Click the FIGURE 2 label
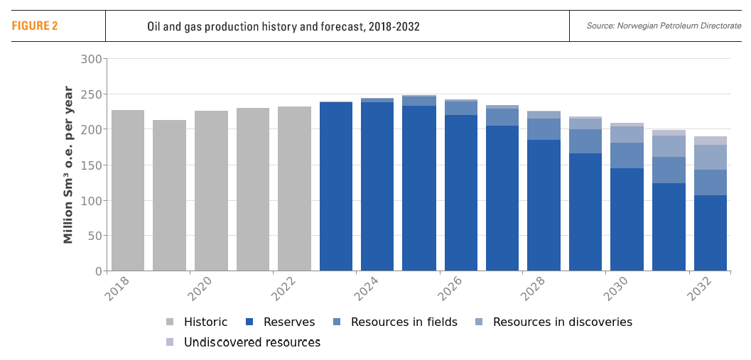click(x=35, y=26)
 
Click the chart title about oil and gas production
click(x=283, y=27)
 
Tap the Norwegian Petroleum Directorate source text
click(x=664, y=26)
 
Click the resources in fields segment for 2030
click(x=627, y=156)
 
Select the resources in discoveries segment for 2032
click(x=711, y=157)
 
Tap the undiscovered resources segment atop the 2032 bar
click(x=711, y=141)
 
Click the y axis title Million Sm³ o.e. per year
click(x=69, y=165)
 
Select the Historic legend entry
click(x=205, y=322)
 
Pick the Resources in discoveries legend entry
click(x=562, y=322)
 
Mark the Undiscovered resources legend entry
click(x=252, y=342)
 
